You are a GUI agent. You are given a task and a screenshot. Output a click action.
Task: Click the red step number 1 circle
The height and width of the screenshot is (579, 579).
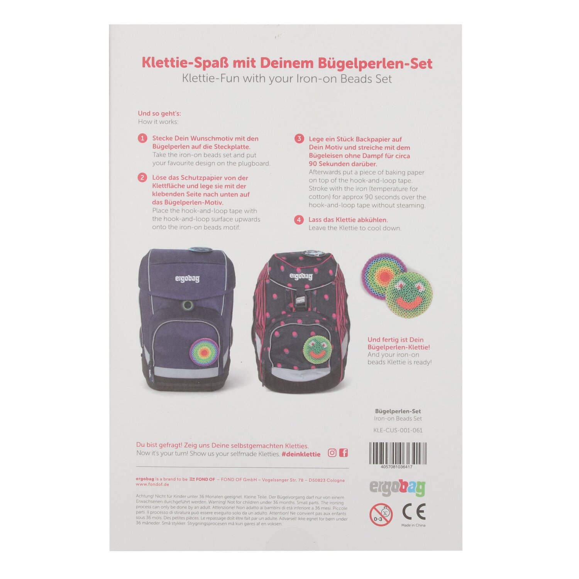(143, 138)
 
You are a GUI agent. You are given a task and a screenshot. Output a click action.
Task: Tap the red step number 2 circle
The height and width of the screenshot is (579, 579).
(143, 178)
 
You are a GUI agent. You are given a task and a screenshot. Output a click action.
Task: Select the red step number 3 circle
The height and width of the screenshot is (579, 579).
(299, 139)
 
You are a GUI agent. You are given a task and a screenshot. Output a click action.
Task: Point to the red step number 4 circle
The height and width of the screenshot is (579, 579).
(299, 220)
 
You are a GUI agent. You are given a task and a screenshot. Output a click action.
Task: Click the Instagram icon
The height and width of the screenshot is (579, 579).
(332, 453)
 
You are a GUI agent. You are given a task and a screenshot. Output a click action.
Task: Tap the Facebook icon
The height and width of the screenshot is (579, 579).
(344, 453)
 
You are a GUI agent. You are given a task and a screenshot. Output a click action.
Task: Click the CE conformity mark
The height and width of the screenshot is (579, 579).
(413, 512)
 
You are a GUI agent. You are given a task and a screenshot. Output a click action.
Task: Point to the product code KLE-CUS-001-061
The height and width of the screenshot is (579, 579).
(398, 430)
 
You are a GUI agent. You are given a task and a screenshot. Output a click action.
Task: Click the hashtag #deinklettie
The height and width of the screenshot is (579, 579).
(301, 454)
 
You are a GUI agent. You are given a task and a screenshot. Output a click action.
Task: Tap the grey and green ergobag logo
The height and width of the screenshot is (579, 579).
(398, 488)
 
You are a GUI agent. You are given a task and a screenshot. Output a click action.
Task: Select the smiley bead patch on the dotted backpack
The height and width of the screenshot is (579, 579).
(317, 348)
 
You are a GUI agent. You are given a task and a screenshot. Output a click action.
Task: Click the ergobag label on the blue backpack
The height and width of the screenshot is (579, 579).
(187, 278)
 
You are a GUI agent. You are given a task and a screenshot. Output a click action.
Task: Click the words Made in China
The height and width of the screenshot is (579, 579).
(413, 525)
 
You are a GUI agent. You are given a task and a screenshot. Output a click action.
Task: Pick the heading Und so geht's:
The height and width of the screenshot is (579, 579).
(159, 113)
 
